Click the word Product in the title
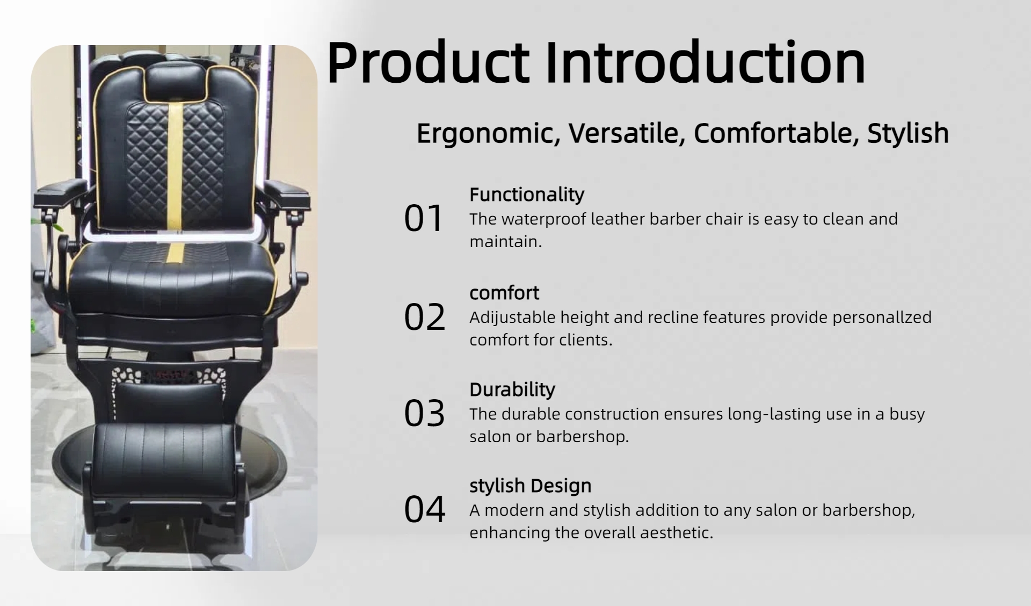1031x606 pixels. click(428, 63)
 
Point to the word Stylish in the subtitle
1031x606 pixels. click(908, 133)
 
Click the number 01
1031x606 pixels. click(424, 219)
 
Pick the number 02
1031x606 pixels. click(425, 317)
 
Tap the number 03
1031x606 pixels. click(425, 414)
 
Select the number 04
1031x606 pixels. click(425, 509)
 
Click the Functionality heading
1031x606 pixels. click(527, 195)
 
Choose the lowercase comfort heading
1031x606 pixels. click(504, 293)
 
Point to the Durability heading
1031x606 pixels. click(512, 390)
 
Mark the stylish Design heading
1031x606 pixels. click(531, 486)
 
